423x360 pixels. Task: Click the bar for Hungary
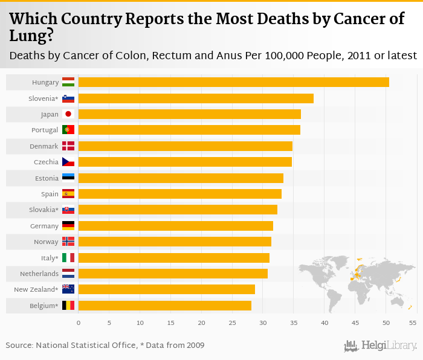(233, 82)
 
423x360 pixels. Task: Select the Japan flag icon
(68, 114)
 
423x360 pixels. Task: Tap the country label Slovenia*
(44, 98)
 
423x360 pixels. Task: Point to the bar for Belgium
(164, 306)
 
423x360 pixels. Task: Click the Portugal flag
(68, 130)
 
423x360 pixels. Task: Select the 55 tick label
(413, 323)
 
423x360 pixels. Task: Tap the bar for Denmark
(185, 146)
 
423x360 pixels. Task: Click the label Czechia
(47, 162)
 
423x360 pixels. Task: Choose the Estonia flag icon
(68, 178)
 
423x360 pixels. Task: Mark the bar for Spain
(179, 194)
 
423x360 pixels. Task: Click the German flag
(68, 226)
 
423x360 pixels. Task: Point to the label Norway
(47, 242)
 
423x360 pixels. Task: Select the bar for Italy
(173, 258)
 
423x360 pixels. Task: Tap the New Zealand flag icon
(68, 289)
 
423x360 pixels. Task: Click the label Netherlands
(39, 274)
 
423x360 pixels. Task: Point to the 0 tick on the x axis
(79, 323)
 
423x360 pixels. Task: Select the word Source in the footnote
(19, 346)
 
